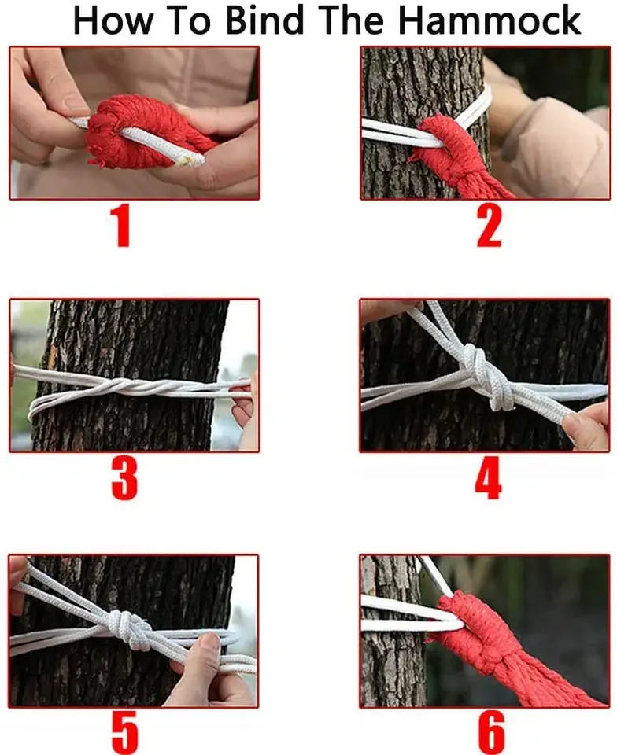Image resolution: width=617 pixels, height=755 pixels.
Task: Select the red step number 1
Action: click(120, 226)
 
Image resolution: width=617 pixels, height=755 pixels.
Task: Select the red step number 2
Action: click(489, 226)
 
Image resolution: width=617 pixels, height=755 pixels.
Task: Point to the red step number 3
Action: click(124, 478)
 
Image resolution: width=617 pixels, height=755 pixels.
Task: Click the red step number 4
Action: click(488, 477)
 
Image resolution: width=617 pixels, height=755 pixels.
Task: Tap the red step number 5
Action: click(125, 733)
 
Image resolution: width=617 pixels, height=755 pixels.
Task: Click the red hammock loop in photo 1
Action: click(145, 131)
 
